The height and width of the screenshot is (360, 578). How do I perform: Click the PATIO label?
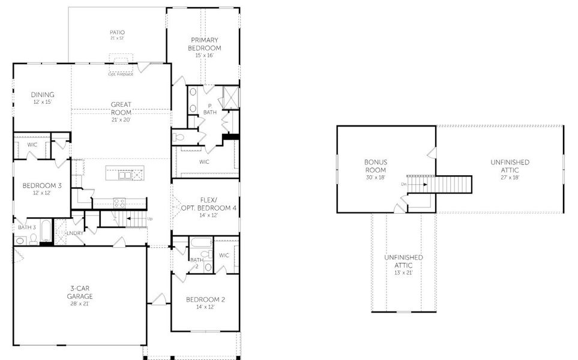tap(117, 32)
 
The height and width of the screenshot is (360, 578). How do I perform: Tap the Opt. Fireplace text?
tap(121, 74)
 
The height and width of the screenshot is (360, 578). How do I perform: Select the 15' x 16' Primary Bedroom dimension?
tap(205, 55)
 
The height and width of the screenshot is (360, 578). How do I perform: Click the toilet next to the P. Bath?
tap(179, 137)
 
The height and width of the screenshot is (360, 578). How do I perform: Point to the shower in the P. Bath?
tap(231, 96)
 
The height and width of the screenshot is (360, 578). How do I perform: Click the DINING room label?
tap(43, 94)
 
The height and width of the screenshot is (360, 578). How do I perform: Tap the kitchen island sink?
tap(125, 175)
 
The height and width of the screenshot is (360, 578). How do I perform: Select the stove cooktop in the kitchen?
tap(119, 203)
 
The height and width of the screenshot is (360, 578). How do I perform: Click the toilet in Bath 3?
tap(34, 239)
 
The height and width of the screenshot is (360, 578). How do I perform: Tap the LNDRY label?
tap(75, 233)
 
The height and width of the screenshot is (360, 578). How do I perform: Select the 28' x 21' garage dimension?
tap(79, 304)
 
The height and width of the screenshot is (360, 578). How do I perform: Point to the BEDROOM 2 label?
tap(205, 299)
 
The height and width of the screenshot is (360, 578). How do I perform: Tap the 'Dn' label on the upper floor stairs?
tap(404, 184)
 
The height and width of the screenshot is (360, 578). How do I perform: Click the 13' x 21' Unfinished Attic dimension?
tap(403, 272)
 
